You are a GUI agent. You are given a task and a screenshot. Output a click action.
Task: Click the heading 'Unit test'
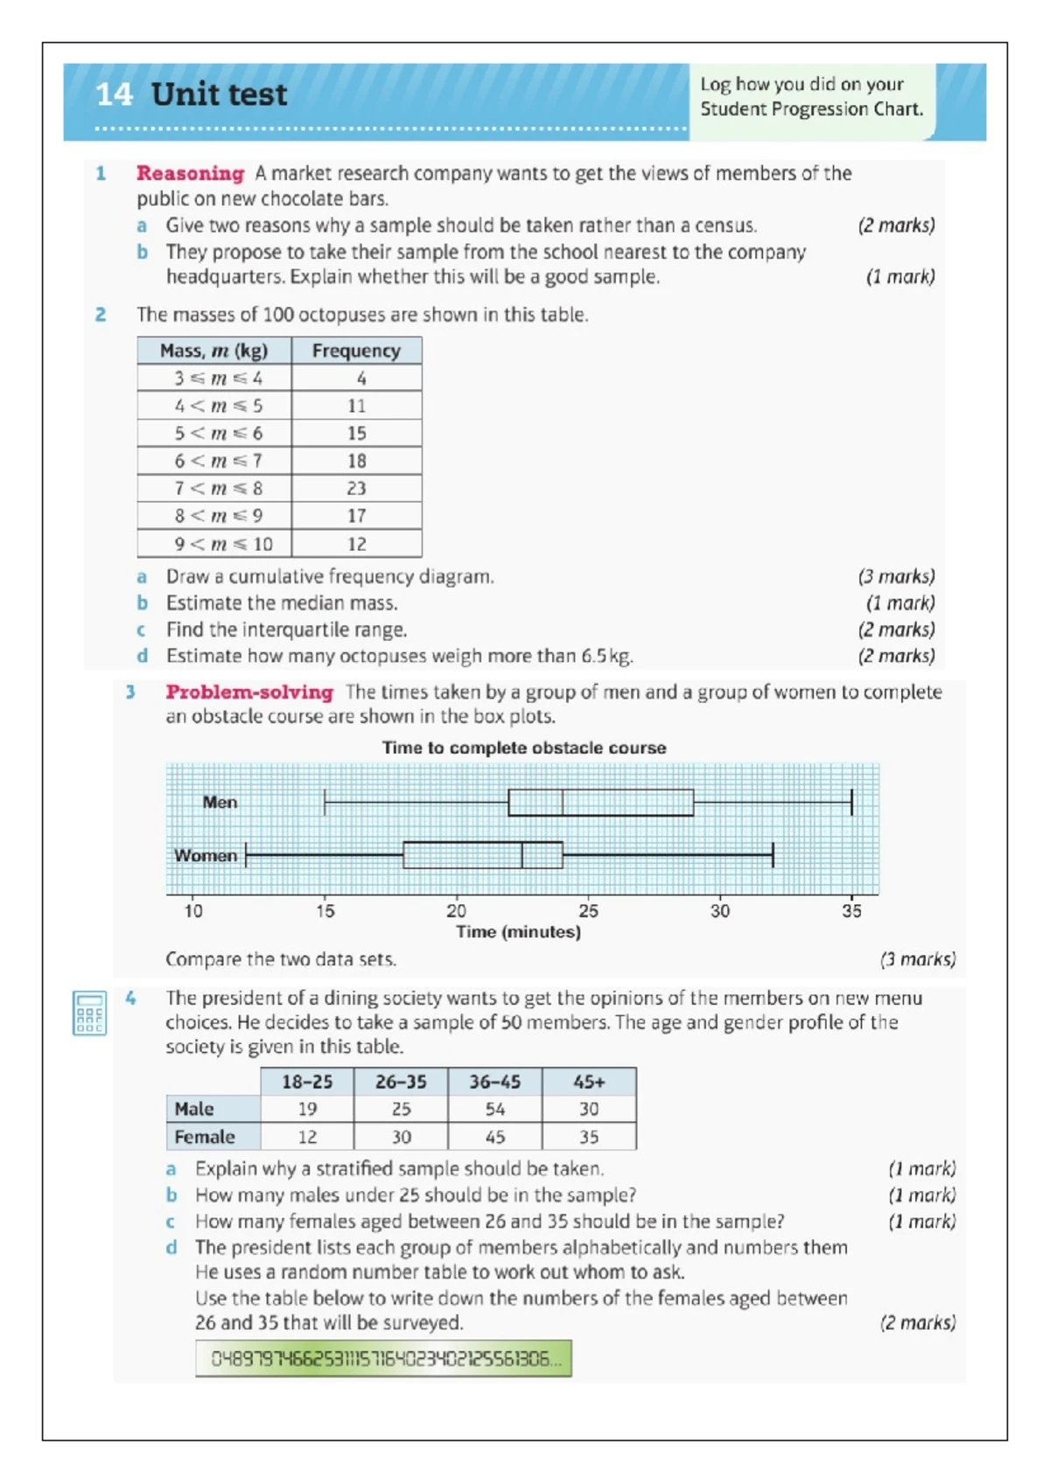coord(218,94)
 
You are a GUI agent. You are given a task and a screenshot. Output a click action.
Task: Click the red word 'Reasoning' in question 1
coord(190,173)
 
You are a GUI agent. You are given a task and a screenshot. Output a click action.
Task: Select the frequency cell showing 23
coord(356,488)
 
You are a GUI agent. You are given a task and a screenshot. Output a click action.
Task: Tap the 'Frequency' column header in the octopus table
coord(356,351)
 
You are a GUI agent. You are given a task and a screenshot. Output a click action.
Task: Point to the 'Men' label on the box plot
coord(220,802)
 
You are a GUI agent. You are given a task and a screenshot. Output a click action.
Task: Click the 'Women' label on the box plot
coord(206,855)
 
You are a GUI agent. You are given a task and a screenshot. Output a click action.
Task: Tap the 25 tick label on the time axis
coord(588,911)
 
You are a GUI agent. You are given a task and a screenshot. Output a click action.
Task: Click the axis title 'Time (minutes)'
coord(518,932)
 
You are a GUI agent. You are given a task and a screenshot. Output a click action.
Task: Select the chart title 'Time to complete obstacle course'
coord(524,748)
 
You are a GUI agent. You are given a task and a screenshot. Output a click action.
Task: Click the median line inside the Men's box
coord(563,802)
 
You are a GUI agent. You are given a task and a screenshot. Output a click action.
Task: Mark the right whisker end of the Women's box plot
coord(773,855)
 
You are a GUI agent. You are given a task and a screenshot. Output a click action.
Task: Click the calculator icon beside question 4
coord(89,1013)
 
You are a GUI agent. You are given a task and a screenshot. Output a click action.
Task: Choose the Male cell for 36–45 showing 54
coord(495,1109)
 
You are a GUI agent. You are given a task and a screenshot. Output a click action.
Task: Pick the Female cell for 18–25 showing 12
coord(307,1137)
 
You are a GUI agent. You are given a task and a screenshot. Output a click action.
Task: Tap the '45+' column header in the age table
coord(589,1082)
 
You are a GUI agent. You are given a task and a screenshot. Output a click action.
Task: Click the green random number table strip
coord(383,1359)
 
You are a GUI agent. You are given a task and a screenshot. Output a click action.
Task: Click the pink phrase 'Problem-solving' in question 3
coord(249,692)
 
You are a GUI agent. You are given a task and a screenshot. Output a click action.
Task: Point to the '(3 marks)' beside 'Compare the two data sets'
coord(917,959)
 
